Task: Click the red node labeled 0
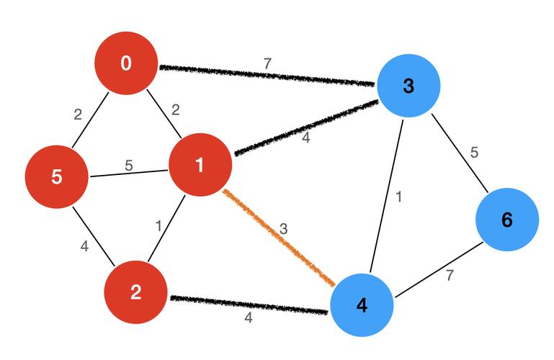click(x=127, y=64)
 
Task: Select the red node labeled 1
click(x=200, y=165)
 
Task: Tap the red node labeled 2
click(x=136, y=292)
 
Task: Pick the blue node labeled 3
click(x=408, y=86)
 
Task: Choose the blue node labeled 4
click(x=362, y=305)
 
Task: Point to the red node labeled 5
click(x=57, y=176)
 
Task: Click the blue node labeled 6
click(x=506, y=220)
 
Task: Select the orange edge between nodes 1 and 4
click(x=280, y=238)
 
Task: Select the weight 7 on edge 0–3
click(x=267, y=63)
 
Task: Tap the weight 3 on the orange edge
click(x=284, y=229)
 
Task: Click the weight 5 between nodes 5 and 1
click(x=129, y=165)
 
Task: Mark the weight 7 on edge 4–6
click(x=450, y=275)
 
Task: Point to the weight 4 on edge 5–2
click(x=84, y=247)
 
